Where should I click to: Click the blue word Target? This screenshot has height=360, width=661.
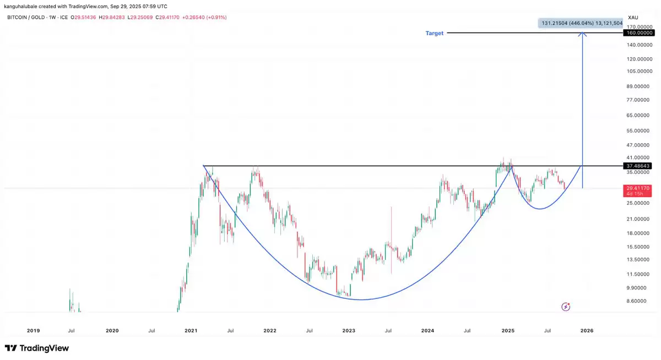coord(434,33)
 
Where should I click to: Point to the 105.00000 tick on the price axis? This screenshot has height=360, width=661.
coord(639,71)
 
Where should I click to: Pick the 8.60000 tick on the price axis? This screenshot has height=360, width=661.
coord(637,301)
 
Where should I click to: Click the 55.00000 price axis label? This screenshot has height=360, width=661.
coord(639,131)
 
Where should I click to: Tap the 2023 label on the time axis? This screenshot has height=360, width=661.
coord(349,331)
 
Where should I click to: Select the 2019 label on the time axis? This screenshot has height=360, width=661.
coord(33,331)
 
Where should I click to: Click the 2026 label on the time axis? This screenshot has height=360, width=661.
coord(587,331)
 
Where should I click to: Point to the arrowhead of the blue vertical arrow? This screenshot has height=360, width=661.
coord(583,35)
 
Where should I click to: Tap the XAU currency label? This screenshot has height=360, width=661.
coord(633,18)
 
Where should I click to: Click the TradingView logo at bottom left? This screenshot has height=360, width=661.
coord(37,348)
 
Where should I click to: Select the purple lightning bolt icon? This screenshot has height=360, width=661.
coord(566,307)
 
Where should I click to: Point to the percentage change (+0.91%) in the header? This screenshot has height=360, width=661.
coord(215,18)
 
